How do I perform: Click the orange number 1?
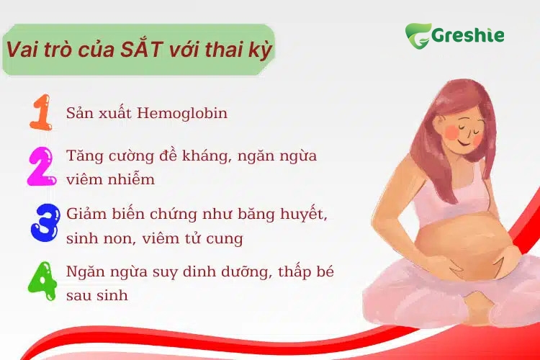[40, 113]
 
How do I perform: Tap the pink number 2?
[40, 166]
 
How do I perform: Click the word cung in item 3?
[228, 237]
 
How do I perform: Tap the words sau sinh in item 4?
[96, 294]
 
